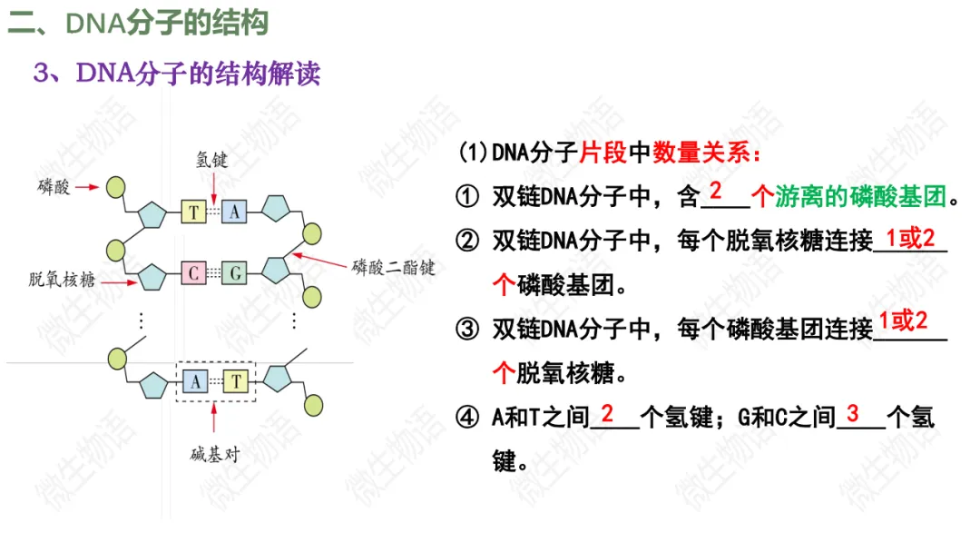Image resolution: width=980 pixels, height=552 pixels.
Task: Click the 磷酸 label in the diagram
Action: click(x=52, y=186)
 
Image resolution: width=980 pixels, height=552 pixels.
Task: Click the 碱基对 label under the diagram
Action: click(x=214, y=454)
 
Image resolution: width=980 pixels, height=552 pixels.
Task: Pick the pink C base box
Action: click(x=194, y=271)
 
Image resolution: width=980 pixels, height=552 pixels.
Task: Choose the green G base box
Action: click(x=234, y=271)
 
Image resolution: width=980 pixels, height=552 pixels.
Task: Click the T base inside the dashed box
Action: click(x=235, y=381)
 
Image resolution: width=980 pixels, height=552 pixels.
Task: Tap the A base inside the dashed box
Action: click(x=194, y=381)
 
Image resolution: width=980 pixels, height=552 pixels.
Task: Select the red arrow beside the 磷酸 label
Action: click(x=86, y=187)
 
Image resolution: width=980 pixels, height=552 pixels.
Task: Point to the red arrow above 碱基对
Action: click(x=214, y=419)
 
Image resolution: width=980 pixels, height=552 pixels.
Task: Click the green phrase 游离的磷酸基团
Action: click(x=861, y=195)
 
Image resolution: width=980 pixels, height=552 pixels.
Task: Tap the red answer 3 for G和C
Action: click(x=852, y=414)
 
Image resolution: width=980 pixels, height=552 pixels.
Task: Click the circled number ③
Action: click(x=467, y=329)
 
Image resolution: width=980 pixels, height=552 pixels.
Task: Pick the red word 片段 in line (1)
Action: click(x=603, y=153)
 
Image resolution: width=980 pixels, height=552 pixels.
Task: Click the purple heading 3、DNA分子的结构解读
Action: click(x=177, y=73)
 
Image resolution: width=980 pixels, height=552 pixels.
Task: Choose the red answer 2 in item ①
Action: click(x=715, y=192)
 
